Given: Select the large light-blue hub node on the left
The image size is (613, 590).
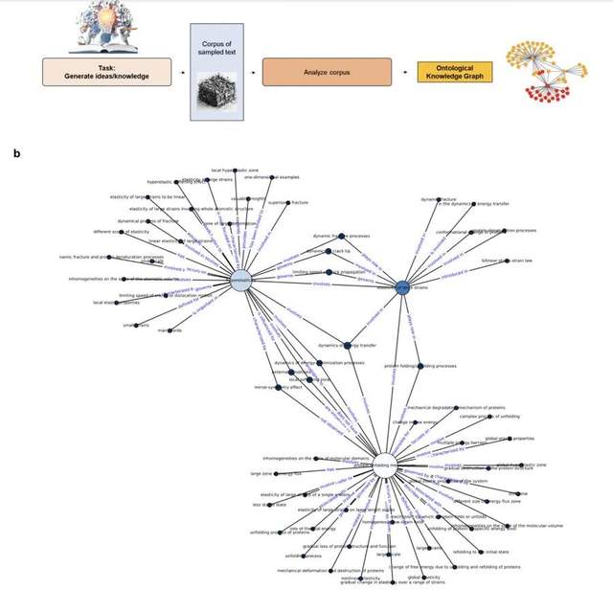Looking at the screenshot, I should tap(241, 279).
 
